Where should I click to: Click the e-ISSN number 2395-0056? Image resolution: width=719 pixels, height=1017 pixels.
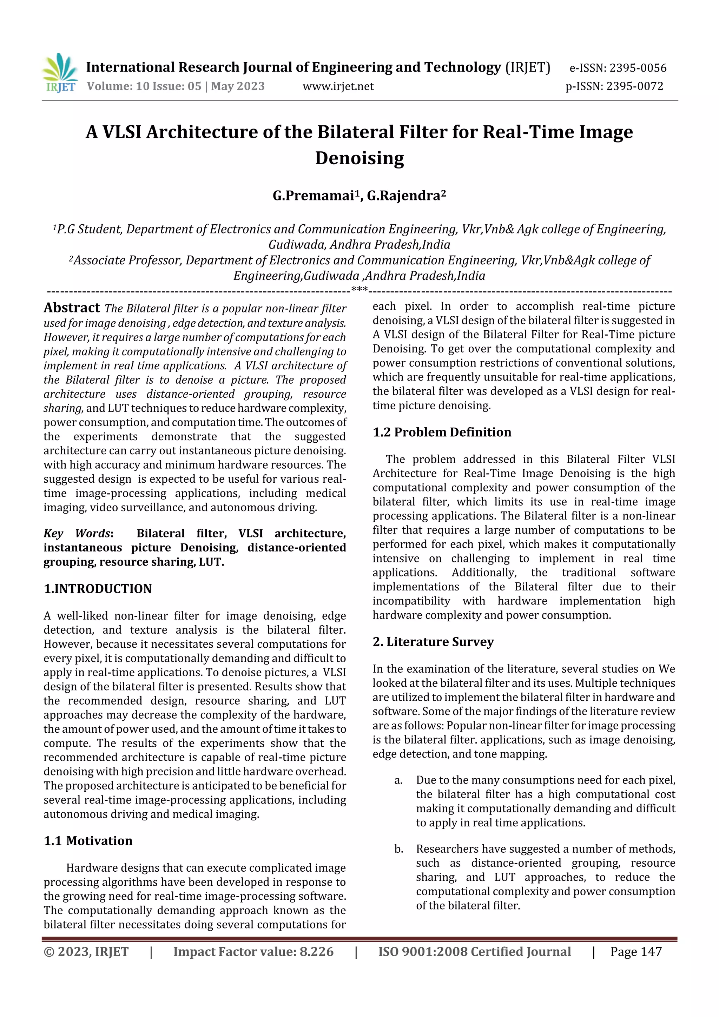click(638, 68)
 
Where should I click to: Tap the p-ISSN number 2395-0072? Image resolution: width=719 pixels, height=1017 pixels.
click(634, 86)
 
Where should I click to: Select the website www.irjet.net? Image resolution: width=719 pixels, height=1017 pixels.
click(338, 86)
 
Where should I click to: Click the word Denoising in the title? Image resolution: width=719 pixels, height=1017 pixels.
click(359, 158)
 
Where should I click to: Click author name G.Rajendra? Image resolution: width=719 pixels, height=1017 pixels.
click(404, 196)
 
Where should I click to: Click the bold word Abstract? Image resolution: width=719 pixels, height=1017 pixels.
click(72, 308)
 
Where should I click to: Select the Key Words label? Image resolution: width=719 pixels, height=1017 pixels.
click(78, 533)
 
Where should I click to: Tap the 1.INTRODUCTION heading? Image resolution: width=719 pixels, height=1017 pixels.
click(98, 589)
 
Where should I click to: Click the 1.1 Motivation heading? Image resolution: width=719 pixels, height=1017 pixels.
click(88, 841)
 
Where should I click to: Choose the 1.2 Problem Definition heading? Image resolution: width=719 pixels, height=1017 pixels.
click(442, 432)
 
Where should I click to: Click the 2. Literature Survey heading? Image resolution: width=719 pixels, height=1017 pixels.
click(433, 642)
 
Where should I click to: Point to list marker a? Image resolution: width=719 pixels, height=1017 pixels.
click(398, 780)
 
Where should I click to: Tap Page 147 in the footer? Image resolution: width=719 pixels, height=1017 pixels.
click(636, 952)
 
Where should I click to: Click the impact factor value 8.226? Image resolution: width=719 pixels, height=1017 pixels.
click(316, 952)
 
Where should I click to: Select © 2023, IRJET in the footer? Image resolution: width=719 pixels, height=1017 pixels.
click(86, 952)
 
